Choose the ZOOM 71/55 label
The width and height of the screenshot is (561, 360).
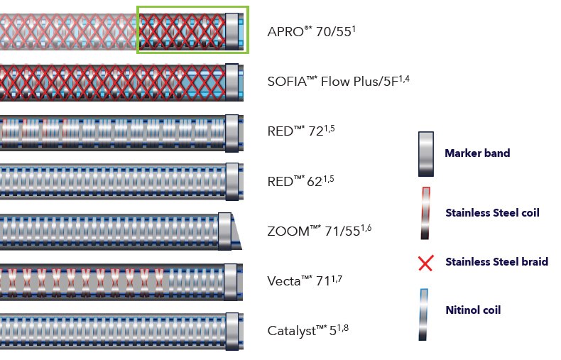point(320,230)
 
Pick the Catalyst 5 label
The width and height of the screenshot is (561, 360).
point(307,330)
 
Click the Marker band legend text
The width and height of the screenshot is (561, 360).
point(476,153)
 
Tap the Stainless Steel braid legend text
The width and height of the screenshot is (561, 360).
point(496,262)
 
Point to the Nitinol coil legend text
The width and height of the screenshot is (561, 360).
point(474,310)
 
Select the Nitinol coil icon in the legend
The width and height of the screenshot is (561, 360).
point(425,313)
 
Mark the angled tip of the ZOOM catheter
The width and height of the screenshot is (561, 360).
point(236,231)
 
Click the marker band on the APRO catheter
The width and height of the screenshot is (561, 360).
point(232,31)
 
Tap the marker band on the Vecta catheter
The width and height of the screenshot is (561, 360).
point(232,280)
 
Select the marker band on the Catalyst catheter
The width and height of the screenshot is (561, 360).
point(232,329)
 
